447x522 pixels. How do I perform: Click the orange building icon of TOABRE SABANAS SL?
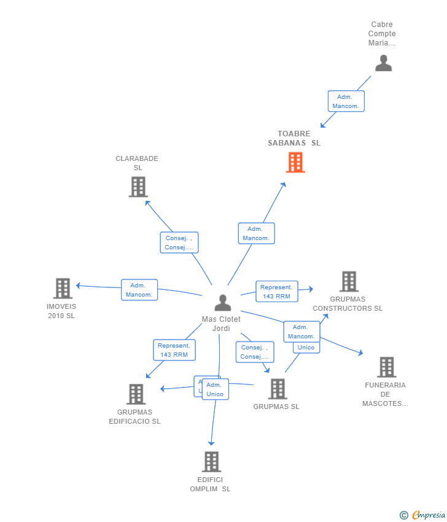tap(295, 163)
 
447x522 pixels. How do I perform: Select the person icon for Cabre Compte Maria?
tap(383, 63)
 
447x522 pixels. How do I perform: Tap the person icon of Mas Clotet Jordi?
tap(222, 303)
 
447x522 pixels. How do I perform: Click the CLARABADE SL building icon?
tap(138, 187)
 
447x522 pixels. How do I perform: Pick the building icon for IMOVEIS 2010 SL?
tap(63, 288)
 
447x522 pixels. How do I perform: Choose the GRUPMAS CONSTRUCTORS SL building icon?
tap(349, 281)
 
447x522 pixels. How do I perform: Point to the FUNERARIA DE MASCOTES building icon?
tap(386, 367)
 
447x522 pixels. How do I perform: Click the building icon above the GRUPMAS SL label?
tap(278, 389)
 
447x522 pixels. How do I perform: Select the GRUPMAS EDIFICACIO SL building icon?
tap(136, 394)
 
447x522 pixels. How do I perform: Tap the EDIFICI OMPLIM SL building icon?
tap(211, 461)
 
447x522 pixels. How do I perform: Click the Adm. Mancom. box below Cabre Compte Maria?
tap(346, 101)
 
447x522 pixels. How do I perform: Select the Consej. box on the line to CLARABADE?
tap(179, 243)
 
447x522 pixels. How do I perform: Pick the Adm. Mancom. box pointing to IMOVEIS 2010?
tap(139, 290)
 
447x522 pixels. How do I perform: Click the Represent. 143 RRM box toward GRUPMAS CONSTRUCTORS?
tap(277, 292)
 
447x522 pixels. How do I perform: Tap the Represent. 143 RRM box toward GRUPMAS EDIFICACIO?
tap(174, 350)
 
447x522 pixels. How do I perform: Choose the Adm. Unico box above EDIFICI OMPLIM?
tap(215, 389)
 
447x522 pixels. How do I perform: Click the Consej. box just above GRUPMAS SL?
tap(254, 352)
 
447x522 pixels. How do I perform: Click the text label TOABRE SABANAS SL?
tap(294, 138)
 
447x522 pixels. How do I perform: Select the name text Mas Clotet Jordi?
tap(221, 324)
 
